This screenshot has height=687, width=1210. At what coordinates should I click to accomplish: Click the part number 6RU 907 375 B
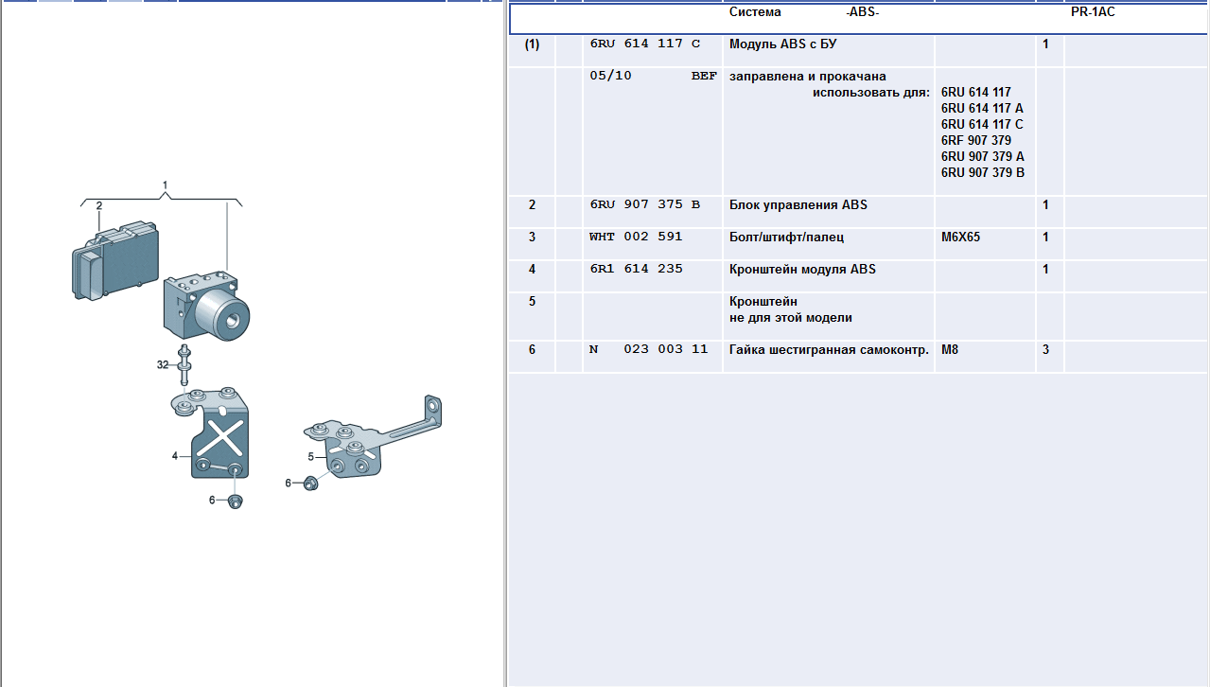click(x=644, y=204)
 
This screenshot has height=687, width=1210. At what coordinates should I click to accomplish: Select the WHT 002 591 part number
click(x=636, y=237)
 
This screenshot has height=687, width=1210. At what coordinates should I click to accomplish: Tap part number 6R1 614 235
click(x=636, y=269)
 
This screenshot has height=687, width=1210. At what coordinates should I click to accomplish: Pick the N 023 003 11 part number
click(x=648, y=349)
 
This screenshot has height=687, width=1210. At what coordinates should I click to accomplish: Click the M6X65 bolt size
click(x=960, y=238)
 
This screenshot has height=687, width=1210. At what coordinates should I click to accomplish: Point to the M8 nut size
click(x=950, y=350)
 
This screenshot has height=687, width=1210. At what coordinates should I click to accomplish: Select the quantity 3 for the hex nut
click(x=1045, y=350)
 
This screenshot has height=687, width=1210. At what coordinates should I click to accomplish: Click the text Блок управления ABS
click(x=798, y=205)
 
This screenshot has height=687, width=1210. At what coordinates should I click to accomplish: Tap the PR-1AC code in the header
click(x=1093, y=12)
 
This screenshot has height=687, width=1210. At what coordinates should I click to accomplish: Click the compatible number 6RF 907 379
click(x=976, y=141)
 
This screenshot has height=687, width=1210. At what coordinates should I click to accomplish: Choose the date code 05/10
click(x=610, y=76)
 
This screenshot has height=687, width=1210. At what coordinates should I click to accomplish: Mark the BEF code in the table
click(x=704, y=77)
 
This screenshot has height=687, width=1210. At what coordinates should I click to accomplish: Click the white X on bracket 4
click(x=221, y=438)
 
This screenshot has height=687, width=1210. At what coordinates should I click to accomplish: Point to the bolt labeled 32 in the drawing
click(x=184, y=365)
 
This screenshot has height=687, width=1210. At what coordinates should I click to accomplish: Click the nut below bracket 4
click(x=235, y=502)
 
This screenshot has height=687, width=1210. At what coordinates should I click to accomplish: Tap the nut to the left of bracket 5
click(x=310, y=484)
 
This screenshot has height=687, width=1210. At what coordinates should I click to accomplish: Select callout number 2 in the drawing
click(x=98, y=206)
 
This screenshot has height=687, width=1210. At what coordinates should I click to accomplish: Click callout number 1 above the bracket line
click(x=166, y=185)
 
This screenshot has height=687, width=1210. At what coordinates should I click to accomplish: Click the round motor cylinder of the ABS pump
click(x=221, y=315)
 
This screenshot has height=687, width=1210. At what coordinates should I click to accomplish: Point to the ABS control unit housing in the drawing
click(x=115, y=260)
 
